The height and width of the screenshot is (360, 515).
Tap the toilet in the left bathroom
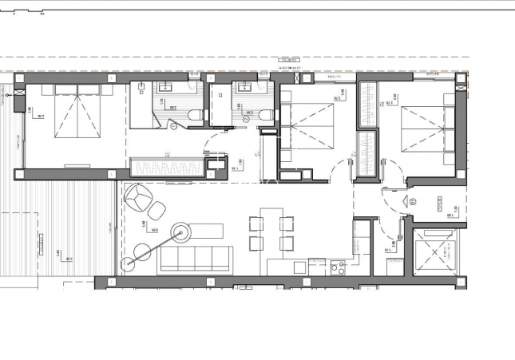[192, 117]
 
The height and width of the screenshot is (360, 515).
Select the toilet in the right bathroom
[264, 117]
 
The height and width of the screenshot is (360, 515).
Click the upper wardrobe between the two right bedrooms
[367, 104]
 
